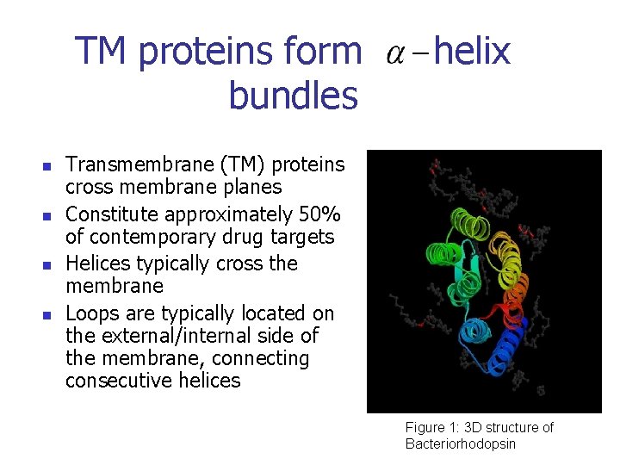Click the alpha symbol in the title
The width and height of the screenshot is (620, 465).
(x=395, y=54)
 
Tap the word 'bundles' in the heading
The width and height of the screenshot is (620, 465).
(x=293, y=96)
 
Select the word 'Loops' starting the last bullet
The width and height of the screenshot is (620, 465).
(x=93, y=313)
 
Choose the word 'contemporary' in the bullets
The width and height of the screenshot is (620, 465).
(x=146, y=237)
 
